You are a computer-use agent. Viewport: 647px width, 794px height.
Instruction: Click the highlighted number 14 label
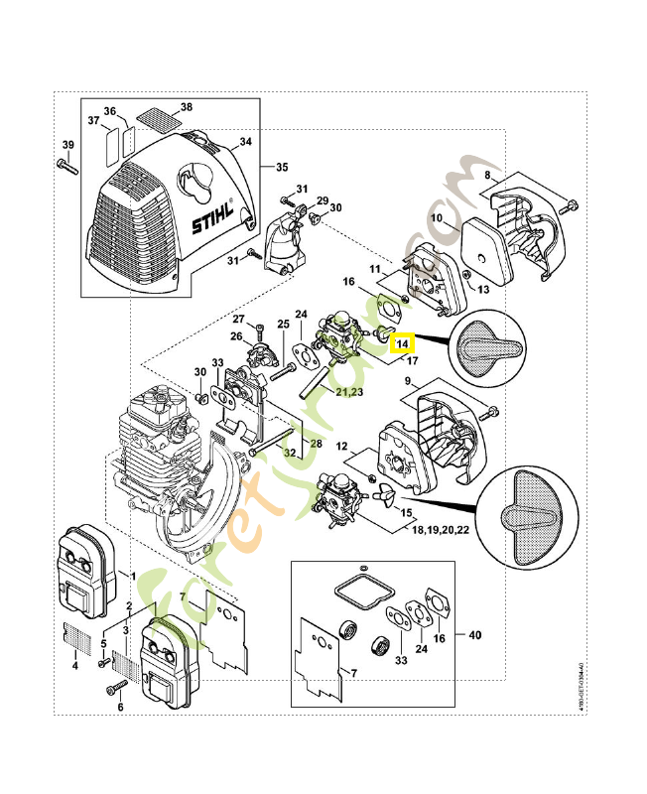(x=402, y=344)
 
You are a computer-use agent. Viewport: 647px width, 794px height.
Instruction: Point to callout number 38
(x=186, y=106)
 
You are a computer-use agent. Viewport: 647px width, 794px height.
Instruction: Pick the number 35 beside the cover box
(x=281, y=166)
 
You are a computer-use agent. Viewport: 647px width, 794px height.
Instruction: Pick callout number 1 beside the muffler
(x=134, y=575)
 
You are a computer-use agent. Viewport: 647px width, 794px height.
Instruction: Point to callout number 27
(x=238, y=319)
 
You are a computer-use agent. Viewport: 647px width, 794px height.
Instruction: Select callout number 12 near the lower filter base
(x=341, y=447)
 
